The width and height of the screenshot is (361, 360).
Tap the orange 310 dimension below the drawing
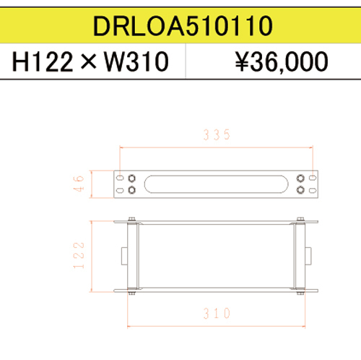coord(216,313)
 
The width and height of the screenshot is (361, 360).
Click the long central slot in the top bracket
coord(216,184)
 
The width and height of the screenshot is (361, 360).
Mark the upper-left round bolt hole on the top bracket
coord(131,178)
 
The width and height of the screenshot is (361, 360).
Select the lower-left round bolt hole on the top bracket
coord(131,190)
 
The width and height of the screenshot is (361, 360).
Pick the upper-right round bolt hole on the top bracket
coord(300,178)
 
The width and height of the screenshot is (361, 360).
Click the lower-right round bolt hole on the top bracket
coord(300,190)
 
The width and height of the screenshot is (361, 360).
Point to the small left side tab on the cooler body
coord(125,255)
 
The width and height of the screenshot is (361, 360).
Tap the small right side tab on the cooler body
coord(308,255)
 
